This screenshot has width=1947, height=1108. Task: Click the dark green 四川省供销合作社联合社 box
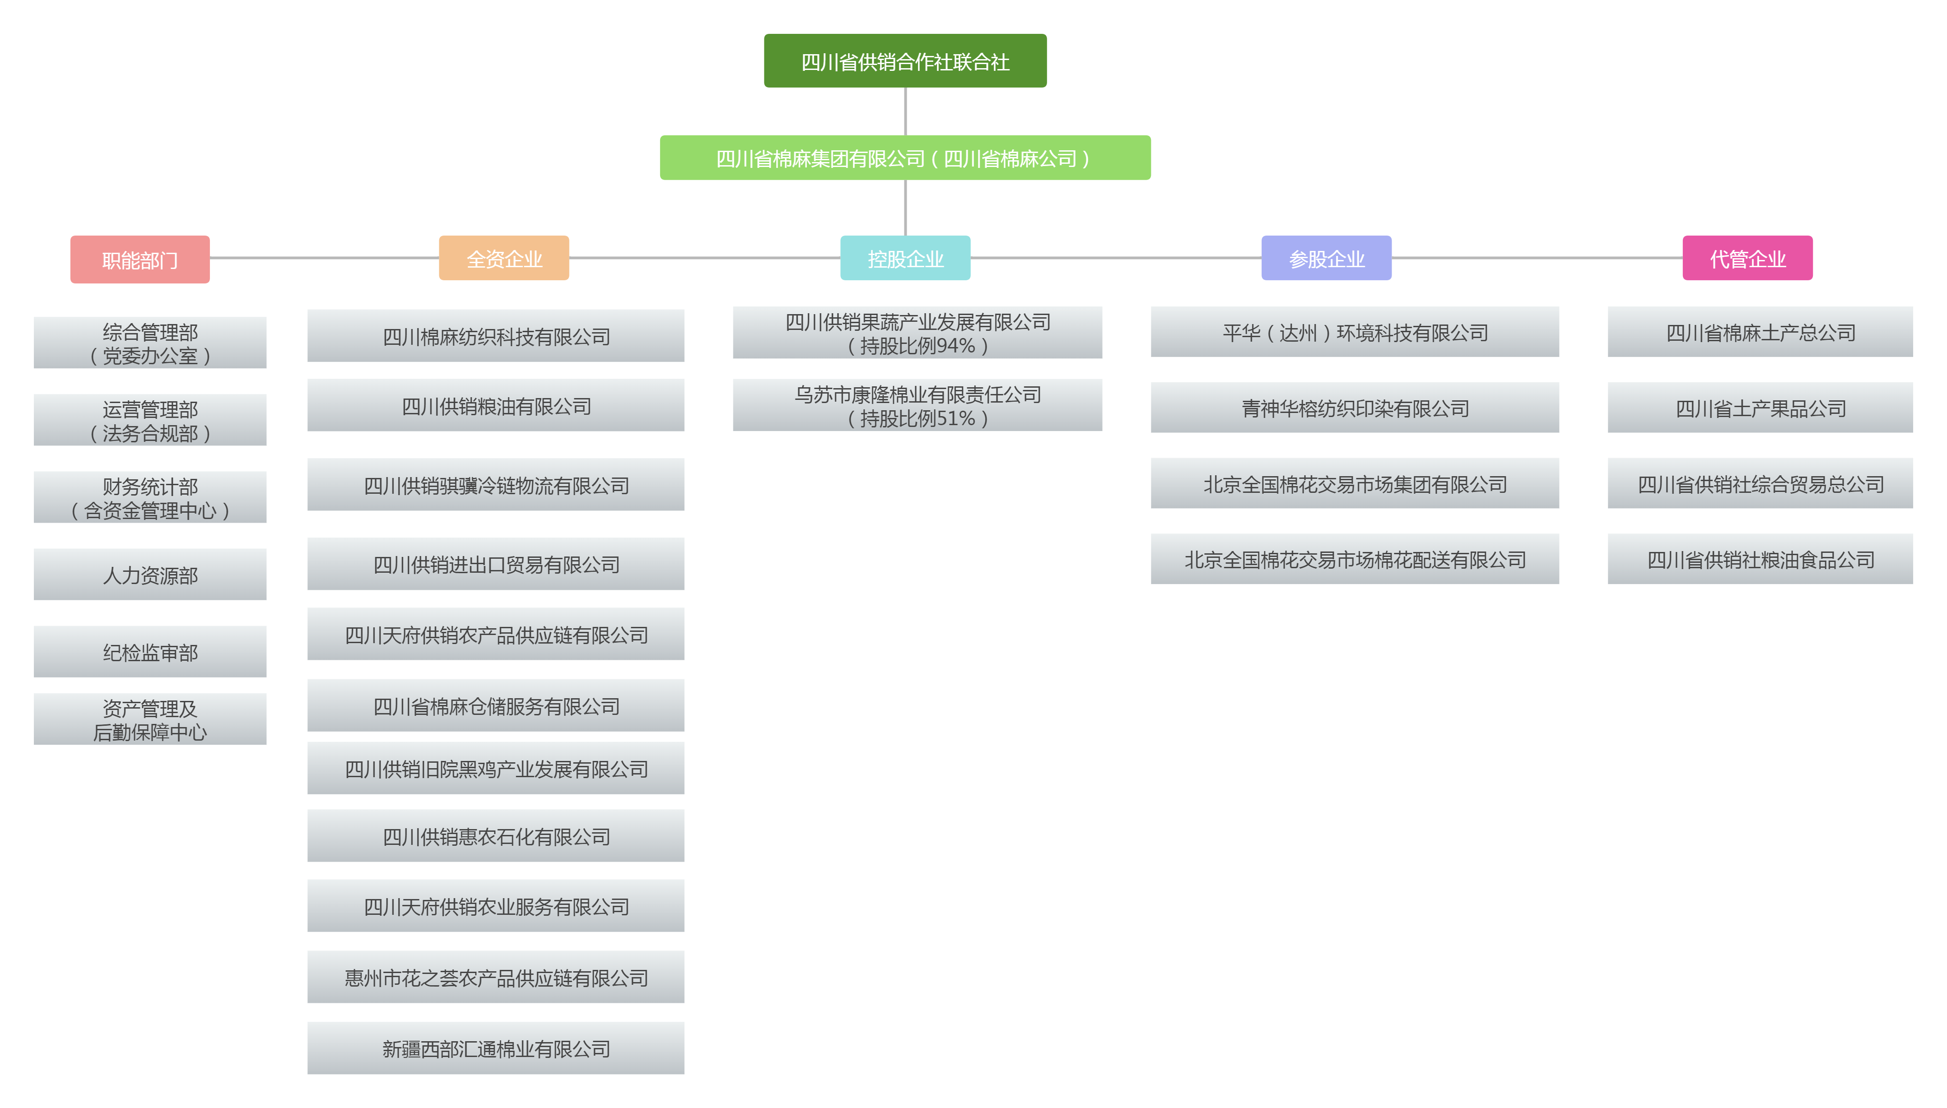(x=904, y=61)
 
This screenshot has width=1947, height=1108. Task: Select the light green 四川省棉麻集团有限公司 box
(x=904, y=158)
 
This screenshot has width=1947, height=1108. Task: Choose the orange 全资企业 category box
(x=504, y=259)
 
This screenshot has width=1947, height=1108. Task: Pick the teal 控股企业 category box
(x=904, y=259)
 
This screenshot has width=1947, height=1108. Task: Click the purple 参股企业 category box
(x=1326, y=259)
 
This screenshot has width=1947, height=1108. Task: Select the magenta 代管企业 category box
(x=1747, y=259)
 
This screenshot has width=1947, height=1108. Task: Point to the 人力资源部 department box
(x=150, y=575)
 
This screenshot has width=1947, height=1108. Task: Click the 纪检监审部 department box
(x=150, y=652)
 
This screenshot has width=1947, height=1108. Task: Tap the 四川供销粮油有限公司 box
(x=495, y=406)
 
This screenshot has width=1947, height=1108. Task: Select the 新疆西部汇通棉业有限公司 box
(x=495, y=1048)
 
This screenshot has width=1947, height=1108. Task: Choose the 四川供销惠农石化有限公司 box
(x=495, y=836)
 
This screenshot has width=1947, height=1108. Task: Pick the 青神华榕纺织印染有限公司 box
(x=1354, y=408)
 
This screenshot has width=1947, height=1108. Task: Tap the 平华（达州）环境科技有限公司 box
(x=1354, y=332)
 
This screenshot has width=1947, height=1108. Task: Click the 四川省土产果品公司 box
(x=1759, y=408)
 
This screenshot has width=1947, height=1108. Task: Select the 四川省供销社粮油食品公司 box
(x=1759, y=559)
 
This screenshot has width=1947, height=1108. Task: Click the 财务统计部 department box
(x=150, y=498)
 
